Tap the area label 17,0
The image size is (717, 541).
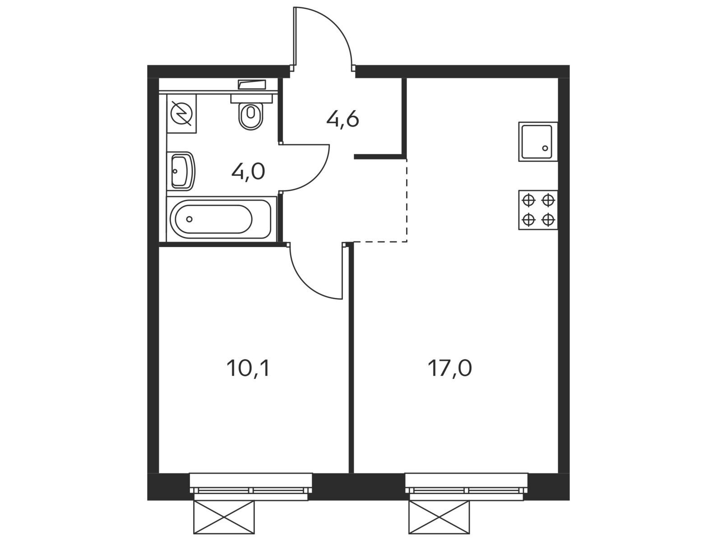[449, 369]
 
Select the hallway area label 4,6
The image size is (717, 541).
[342, 120]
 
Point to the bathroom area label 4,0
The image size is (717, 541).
[248, 172]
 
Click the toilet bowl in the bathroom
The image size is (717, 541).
[251, 116]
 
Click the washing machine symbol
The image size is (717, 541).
[182, 113]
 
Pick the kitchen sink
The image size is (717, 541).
[537, 142]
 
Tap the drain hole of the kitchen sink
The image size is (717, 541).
[545, 148]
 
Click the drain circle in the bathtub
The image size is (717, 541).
[190, 219]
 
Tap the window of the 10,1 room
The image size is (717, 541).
[251, 486]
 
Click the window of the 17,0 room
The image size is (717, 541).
[466, 486]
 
